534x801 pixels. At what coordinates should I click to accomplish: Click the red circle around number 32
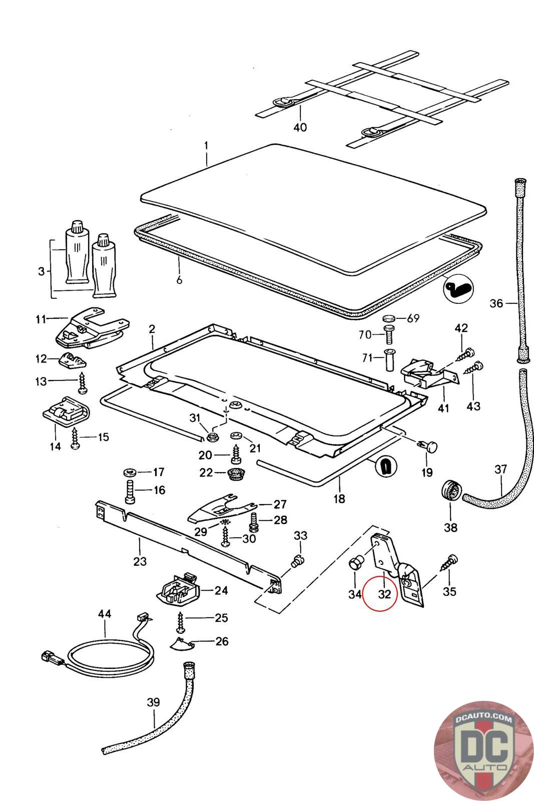click(x=379, y=594)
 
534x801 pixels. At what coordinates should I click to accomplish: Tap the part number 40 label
click(x=300, y=127)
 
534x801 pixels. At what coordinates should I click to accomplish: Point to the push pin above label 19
click(x=427, y=446)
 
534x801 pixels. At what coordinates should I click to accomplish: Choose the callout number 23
click(x=140, y=561)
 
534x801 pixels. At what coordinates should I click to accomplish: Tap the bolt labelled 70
click(x=389, y=335)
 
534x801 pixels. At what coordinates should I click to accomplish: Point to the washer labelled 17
click(x=130, y=473)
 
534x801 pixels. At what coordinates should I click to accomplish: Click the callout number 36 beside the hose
click(x=496, y=303)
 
